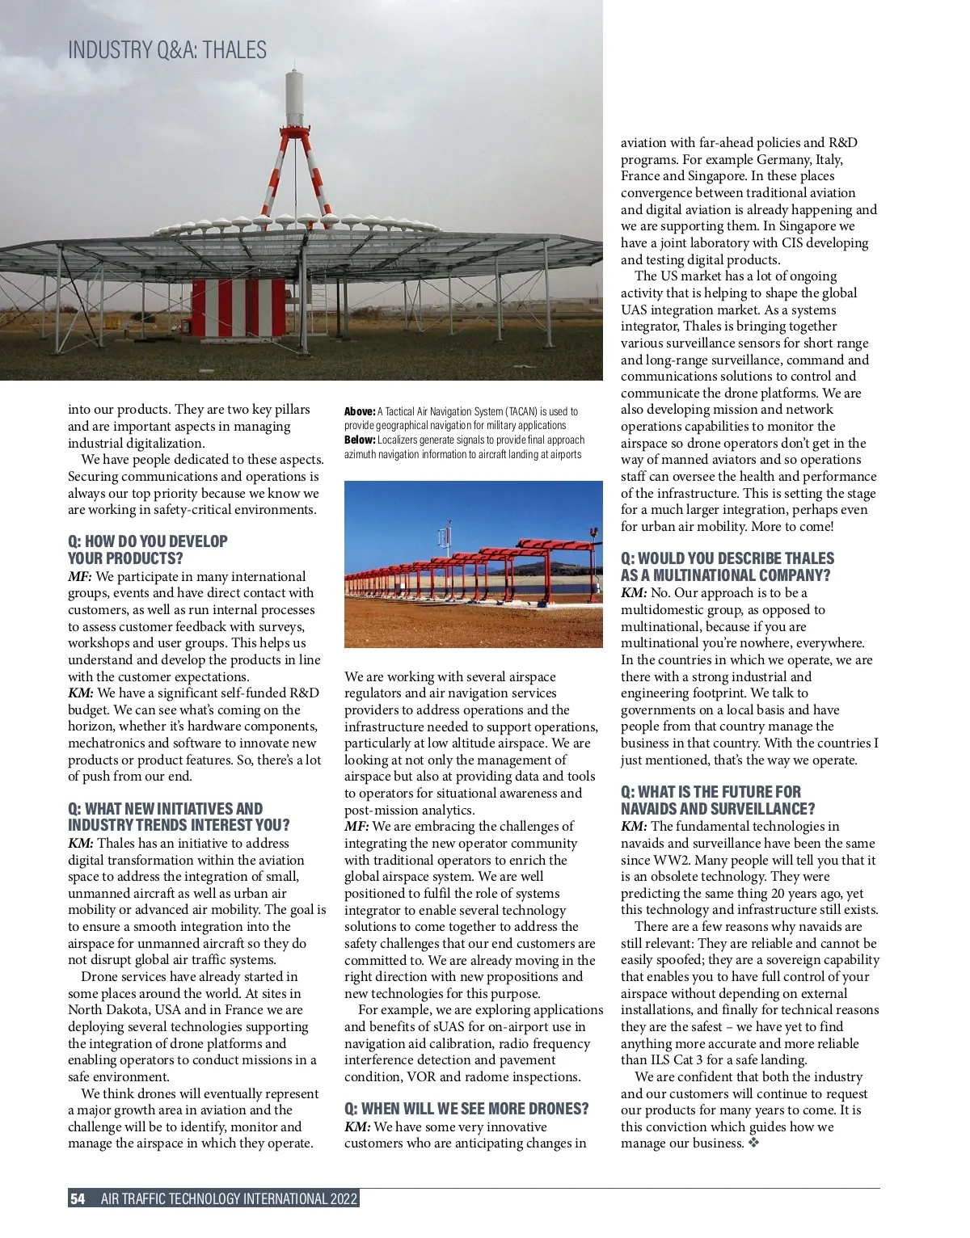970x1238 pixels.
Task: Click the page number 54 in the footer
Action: pyautogui.click(x=78, y=1198)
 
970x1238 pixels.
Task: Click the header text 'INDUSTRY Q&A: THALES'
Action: pyautogui.click(x=167, y=50)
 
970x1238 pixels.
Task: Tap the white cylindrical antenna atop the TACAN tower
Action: pyautogui.click(x=294, y=97)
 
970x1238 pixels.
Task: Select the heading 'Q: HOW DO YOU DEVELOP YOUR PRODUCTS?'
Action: pyautogui.click(x=148, y=550)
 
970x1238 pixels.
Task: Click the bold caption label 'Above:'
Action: pyautogui.click(x=360, y=411)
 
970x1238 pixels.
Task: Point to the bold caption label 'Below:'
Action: pyautogui.click(x=360, y=440)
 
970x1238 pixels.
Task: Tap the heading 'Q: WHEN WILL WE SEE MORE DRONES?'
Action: pyautogui.click(x=466, y=1109)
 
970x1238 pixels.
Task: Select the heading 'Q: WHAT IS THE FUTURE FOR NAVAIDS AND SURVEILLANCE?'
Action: pyautogui.click(x=718, y=800)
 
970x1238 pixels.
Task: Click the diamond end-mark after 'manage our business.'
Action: pyautogui.click(x=754, y=1143)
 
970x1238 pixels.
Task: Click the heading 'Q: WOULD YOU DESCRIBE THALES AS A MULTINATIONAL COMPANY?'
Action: pyautogui.click(x=727, y=566)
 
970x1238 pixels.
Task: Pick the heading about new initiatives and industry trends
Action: pyautogui.click(x=178, y=817)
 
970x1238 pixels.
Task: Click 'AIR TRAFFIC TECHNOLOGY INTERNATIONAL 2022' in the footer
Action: pyautogui.click(x=229, y=1198)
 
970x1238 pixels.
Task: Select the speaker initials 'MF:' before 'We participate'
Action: pyautogui.click(x=80, y=577)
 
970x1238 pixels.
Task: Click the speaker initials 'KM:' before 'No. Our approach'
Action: pyautogui.click(x=634, y=593)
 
